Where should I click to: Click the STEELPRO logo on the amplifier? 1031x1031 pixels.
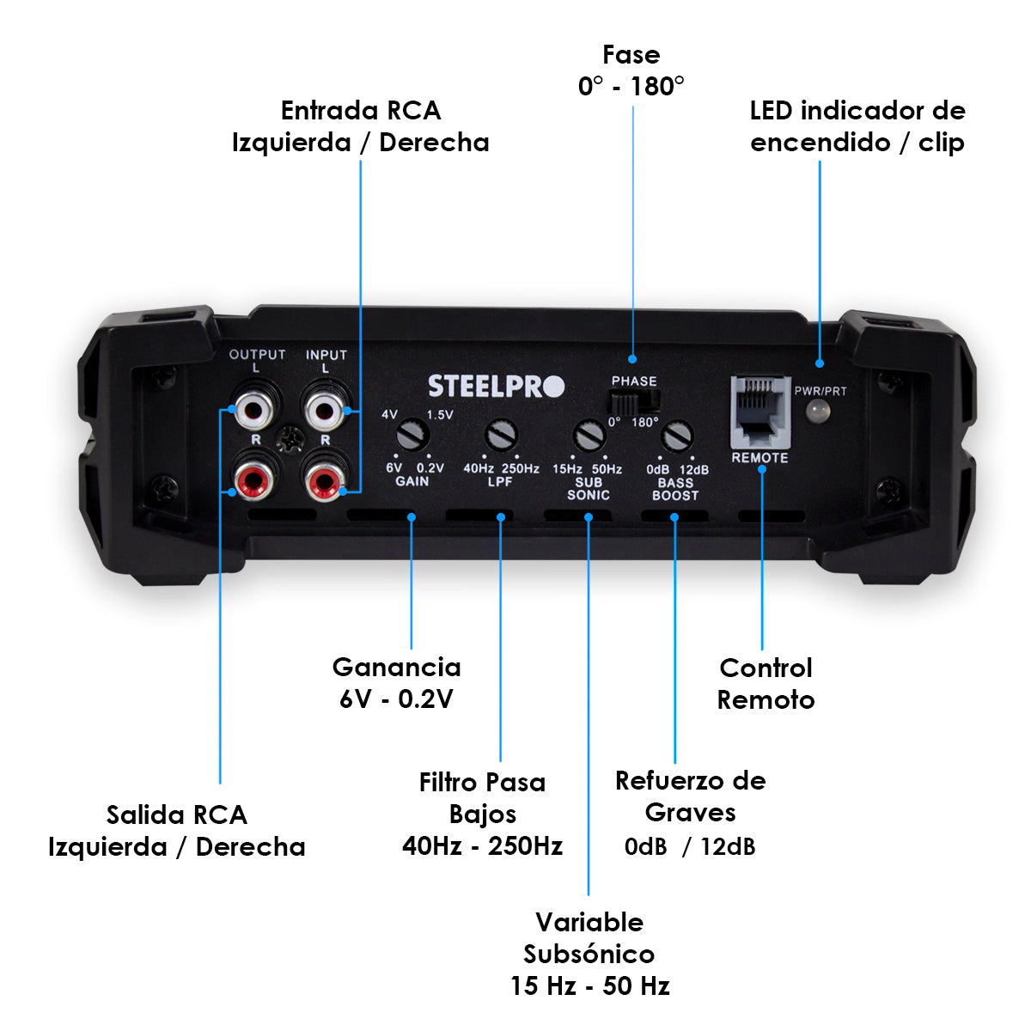[496, 387]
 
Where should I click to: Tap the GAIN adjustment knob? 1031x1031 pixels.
[413, 434]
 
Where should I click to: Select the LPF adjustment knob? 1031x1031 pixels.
[500, 434]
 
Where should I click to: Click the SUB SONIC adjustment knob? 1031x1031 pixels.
[589, 436]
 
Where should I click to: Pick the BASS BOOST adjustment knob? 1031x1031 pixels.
[678, 436]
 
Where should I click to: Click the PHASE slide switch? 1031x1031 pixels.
[633, 400]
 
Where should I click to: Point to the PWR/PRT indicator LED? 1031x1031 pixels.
[819, 412]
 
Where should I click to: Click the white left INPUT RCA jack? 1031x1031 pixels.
[326, 409]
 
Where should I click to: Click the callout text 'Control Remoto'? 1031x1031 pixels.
[766, 684]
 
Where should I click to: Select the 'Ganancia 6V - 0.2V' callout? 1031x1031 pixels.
[396, 683]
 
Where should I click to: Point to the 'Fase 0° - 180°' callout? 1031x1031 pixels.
[631, 70]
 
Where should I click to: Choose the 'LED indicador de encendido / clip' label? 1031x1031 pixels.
[857, 126]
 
